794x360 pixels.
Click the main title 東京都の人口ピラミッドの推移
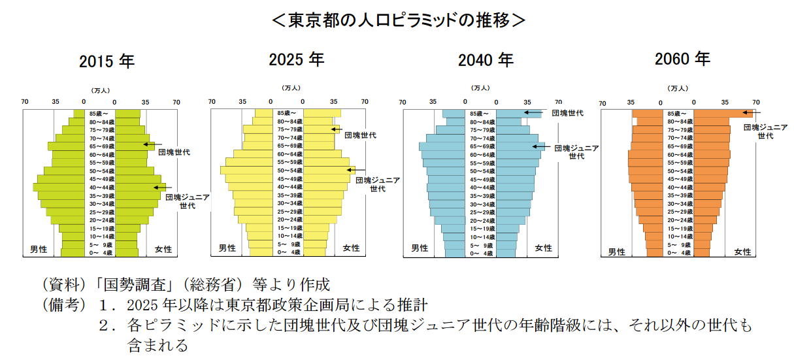point(398,20)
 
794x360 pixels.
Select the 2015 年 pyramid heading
point(107,61)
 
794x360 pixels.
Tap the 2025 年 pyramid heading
point(296,59)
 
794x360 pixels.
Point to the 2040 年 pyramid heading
point(486,61)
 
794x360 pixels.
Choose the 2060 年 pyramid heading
point(682,59)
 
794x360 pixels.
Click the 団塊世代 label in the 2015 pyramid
point(174,152)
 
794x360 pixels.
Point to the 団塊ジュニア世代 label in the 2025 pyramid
point(377,184)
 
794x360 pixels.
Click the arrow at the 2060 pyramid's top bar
point(751,114)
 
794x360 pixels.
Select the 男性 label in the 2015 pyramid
point(39,249)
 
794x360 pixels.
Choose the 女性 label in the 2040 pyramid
point(543,248)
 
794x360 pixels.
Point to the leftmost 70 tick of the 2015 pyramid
point(25,101)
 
